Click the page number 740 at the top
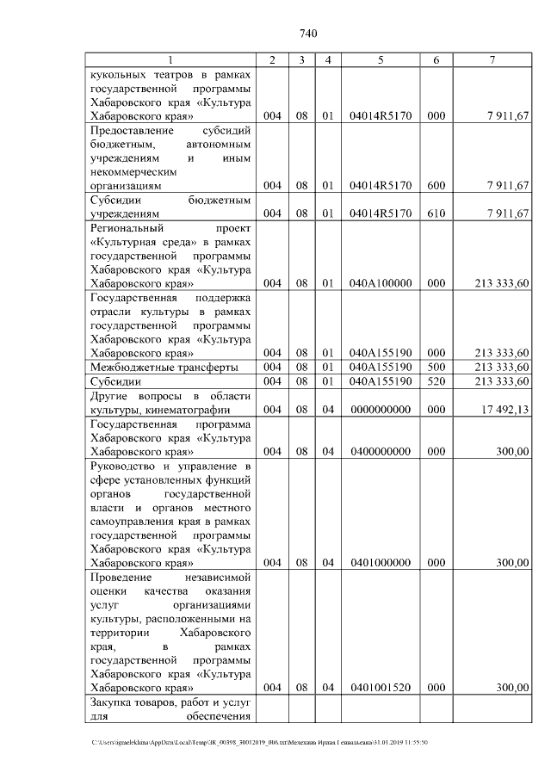tap(309, 34)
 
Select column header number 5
tap(380, 60)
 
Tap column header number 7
tap(491, 60)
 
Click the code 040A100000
tap(380, 282)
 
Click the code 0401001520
tap(380, 688)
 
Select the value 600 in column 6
tap(436, 185)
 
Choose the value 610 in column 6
tap(436, 213)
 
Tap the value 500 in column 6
tap(436, 368)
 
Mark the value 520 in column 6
tap(436, 381)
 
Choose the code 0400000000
tap(380, 451)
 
